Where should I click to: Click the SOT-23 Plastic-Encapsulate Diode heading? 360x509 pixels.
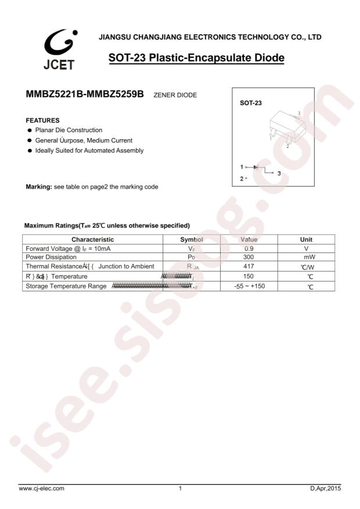tap(196, 59)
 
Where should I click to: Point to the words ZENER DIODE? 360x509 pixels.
tap(174, 95)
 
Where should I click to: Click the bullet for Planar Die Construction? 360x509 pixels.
tap(28, 130)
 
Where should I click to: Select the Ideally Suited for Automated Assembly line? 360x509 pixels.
tap(88, 150)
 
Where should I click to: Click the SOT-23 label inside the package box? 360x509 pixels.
tap(251, 103)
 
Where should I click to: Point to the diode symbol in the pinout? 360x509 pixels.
tap(255, 167)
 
